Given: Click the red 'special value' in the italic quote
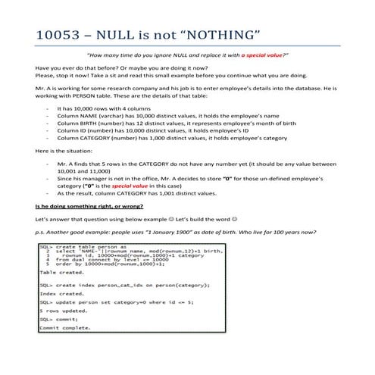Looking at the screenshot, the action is pyautogui.click(x=261, y=55).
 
